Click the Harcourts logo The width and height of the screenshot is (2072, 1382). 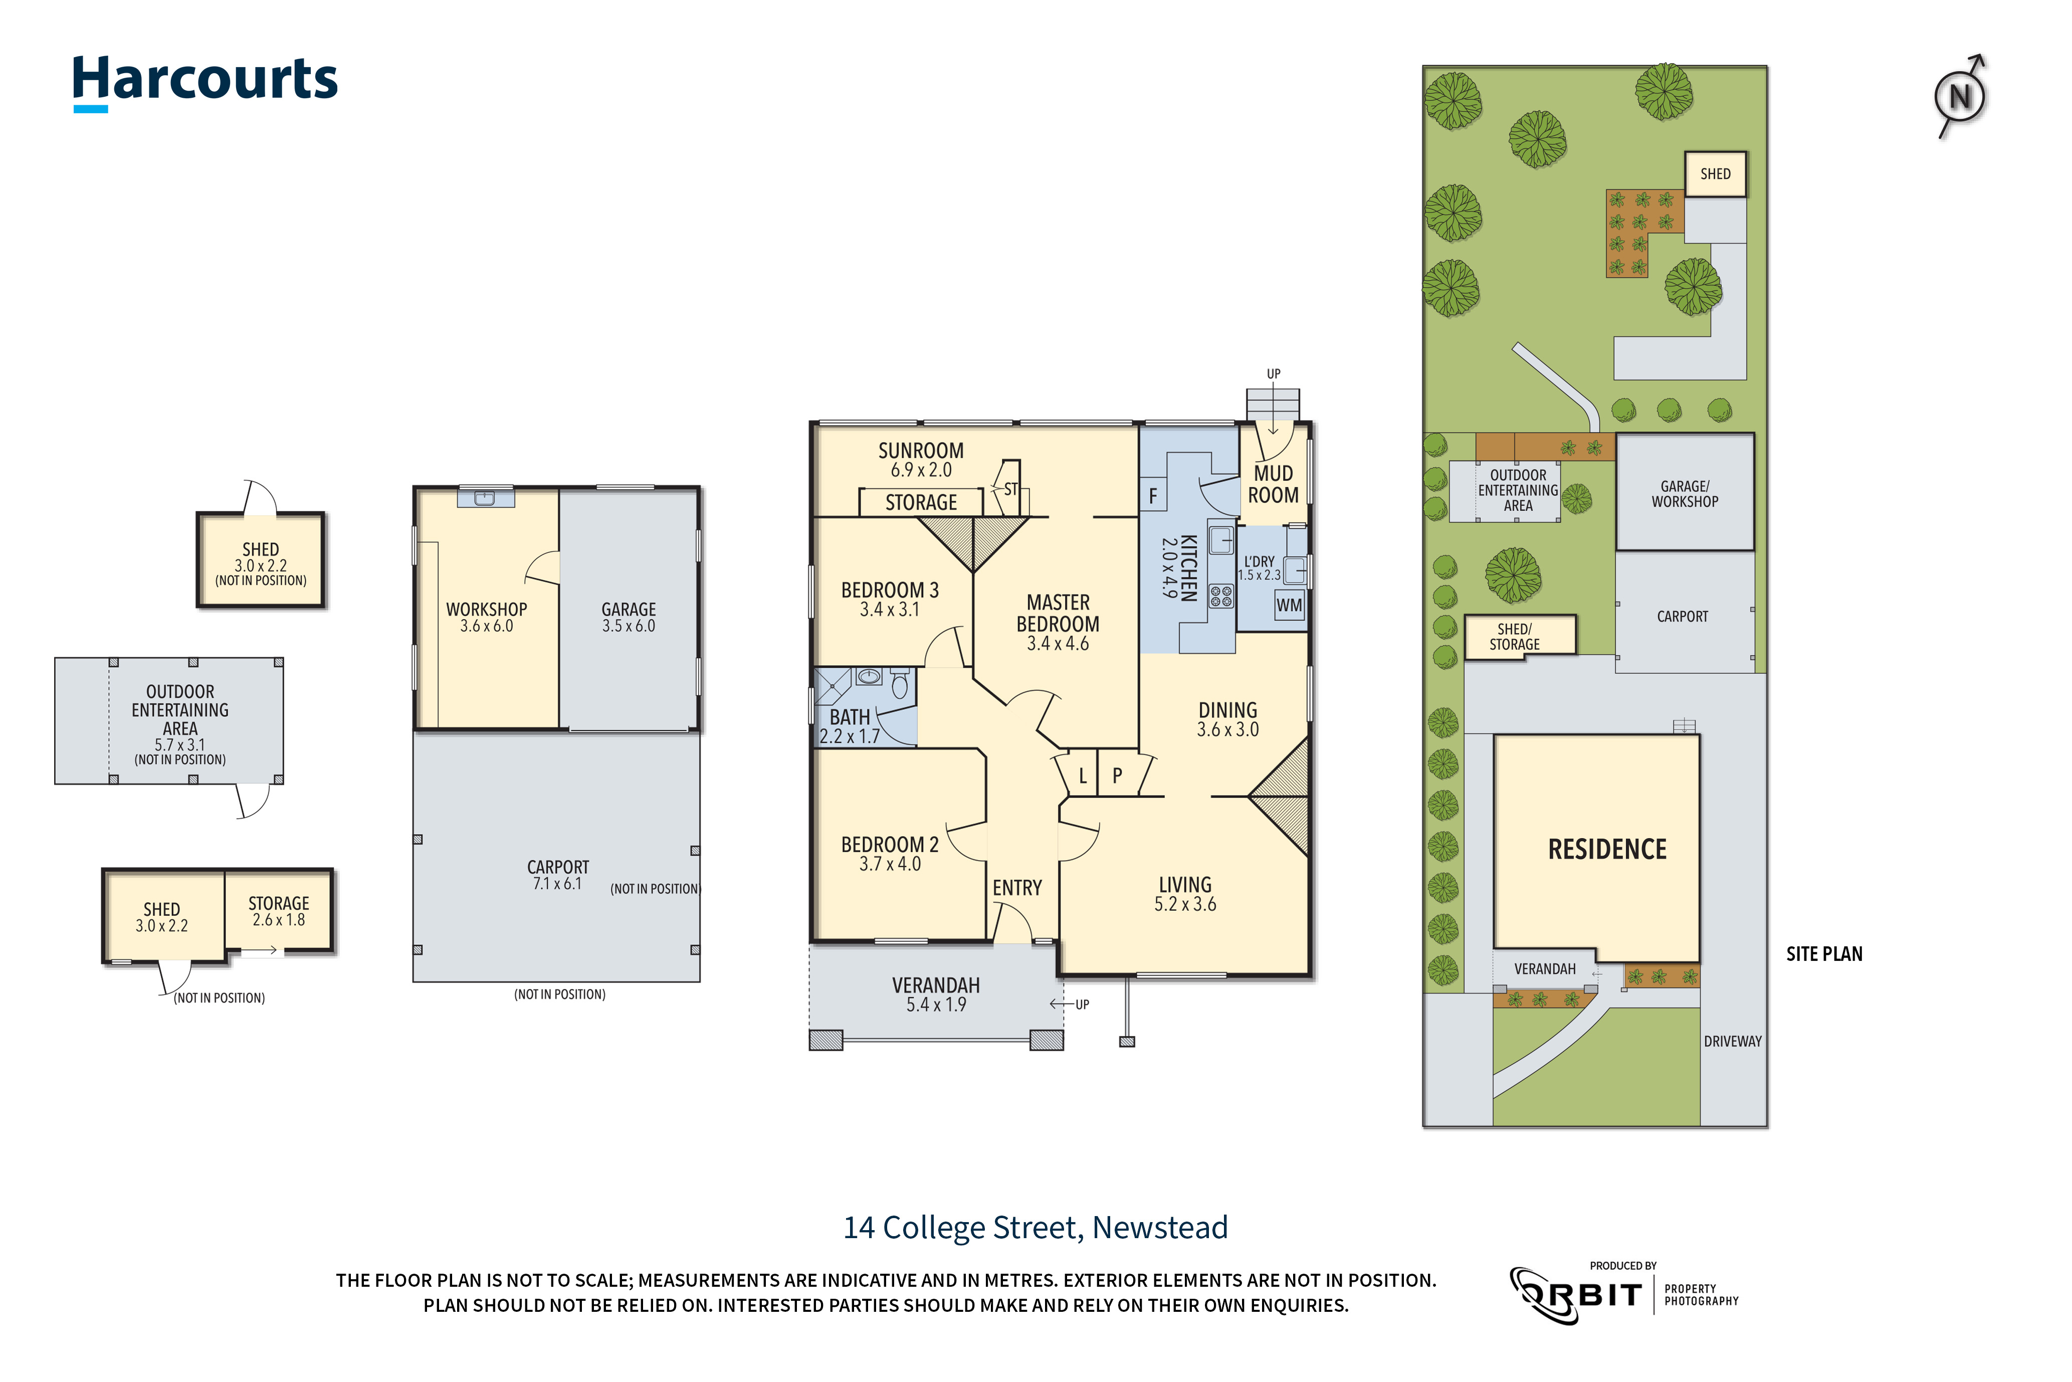204,81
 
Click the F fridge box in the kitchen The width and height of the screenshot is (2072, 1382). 1153,496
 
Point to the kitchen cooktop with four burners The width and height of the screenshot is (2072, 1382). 1220,596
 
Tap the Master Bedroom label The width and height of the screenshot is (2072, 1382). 1058,622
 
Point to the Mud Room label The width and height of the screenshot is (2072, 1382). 1273,484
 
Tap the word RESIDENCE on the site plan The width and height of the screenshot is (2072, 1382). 1607,849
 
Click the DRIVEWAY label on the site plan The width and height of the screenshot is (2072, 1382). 1732,1041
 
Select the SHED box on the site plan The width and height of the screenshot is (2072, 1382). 1715,173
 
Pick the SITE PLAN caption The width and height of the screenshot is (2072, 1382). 1823,953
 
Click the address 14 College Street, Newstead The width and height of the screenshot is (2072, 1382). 1035,1227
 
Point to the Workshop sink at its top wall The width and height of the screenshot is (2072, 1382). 485,498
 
